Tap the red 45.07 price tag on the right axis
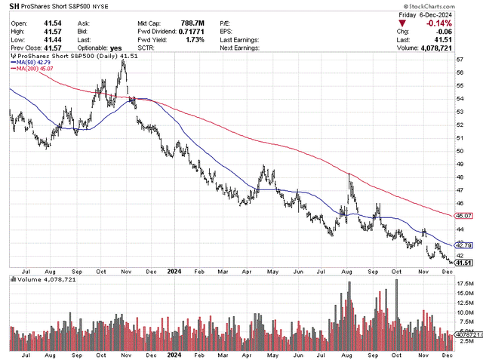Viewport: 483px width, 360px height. [x=464, y=215]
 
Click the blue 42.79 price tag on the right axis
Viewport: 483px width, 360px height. [x=464, y=245]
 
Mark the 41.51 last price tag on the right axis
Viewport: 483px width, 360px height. [x=464, y=263]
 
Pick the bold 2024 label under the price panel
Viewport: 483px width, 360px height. [x=174, y=271]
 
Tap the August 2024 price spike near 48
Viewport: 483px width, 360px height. [x=349, y=175]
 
